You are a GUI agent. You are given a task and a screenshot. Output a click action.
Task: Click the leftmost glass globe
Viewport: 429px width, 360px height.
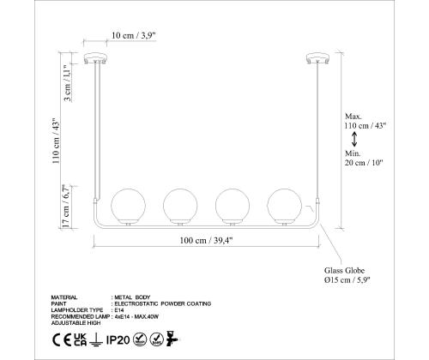click(x=128, y=206)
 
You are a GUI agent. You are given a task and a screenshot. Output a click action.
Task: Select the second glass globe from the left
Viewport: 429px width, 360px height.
click(x=180, y=206)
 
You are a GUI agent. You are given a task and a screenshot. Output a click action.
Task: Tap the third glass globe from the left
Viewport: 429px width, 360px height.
click(x=233, y=206)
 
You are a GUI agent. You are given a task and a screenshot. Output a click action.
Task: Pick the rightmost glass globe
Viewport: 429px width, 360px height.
click(x=284, y=206)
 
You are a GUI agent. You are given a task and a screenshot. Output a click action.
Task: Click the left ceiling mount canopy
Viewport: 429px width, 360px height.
click(x=95, y=57)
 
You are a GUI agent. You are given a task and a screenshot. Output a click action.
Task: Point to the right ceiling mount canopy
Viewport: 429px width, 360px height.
click(x=317, y=57)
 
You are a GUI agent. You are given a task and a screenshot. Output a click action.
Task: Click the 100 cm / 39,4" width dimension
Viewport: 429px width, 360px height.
click(x=206, y=240)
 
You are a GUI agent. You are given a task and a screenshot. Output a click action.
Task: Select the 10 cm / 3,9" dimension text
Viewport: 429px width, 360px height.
click(x=133, y=35)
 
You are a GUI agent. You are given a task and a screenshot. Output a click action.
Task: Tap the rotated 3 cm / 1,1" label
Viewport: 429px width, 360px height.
click(x=67, y=82)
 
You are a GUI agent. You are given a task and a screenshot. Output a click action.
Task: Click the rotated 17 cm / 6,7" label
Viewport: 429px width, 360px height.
click(x=65, y=206)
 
